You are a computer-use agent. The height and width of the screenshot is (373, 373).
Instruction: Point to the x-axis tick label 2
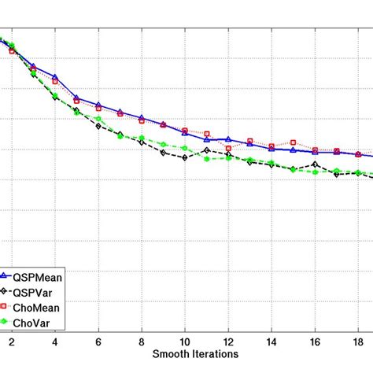[x=12, y=342]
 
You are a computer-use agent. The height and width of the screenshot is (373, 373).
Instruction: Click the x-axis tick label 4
[x=55, y=342]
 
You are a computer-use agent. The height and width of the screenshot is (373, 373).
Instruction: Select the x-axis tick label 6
[x=98, y=342]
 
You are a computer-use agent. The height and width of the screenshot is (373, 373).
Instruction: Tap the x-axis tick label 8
[x=142, y=342]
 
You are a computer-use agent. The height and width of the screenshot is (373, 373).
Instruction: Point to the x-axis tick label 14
[x=271, y=342]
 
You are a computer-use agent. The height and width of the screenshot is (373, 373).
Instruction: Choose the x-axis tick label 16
[x=315, y=342]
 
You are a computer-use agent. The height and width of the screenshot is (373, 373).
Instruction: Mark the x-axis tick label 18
[x=358, y=342]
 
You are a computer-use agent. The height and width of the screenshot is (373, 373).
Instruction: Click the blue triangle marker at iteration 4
[x=55, y=77]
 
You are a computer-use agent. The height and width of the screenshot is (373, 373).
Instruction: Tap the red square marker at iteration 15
[x=294, y=142]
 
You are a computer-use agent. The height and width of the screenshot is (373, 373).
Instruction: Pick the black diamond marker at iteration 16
[x=315, y=164]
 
